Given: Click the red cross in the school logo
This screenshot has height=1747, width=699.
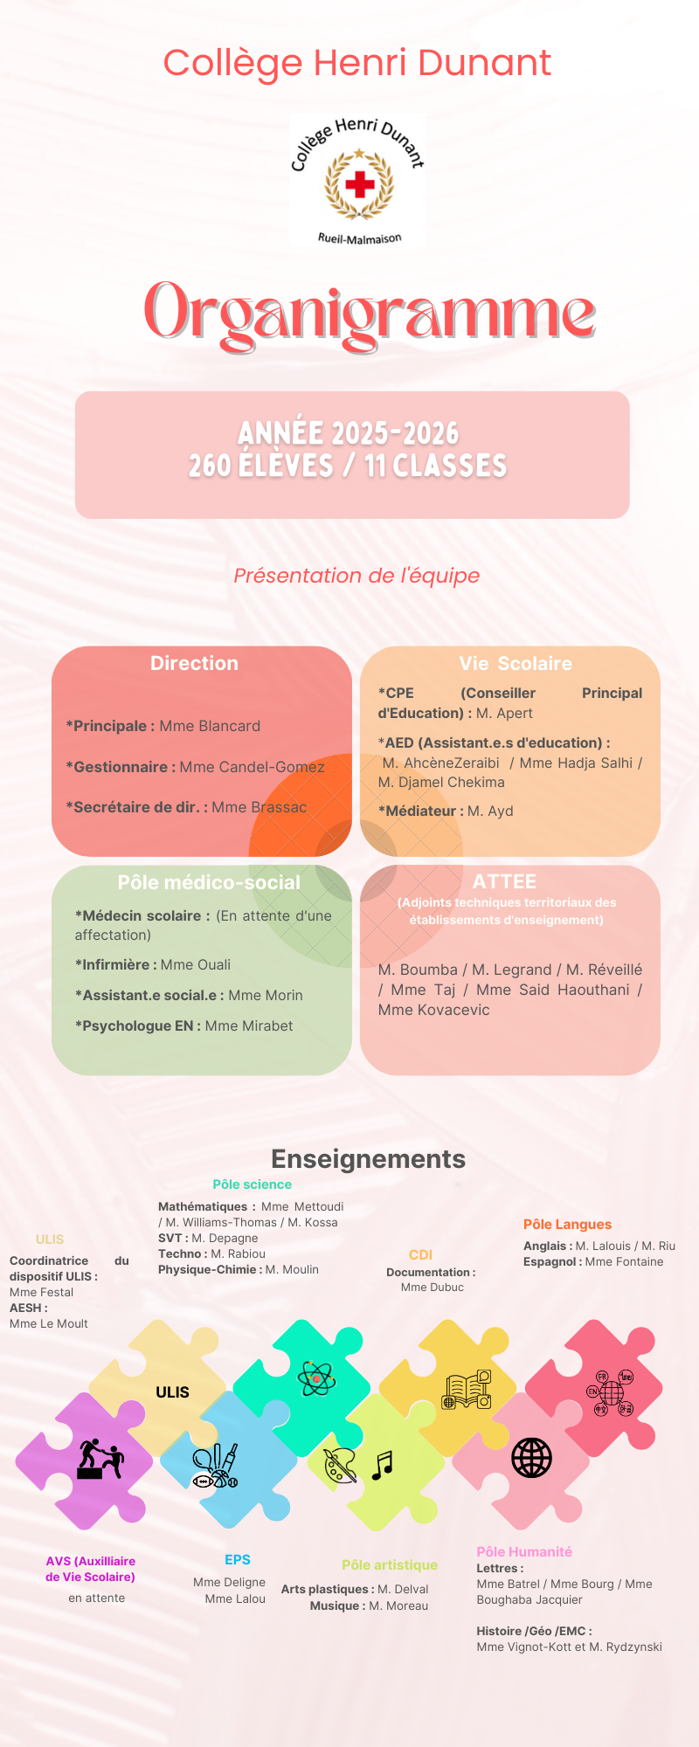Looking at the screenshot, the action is coord(359,184).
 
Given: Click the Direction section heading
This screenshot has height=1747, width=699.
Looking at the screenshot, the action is coord(194,663).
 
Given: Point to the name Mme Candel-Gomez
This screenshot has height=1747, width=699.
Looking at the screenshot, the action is coord(252,767).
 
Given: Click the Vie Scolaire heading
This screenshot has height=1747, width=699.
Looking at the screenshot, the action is coord(516,663).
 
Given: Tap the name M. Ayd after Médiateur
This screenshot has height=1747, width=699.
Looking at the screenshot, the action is coord(490,811).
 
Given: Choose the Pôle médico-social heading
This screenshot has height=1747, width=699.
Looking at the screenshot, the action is coord(209,882).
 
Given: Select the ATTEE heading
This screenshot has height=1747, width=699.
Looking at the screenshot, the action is coord(504,881).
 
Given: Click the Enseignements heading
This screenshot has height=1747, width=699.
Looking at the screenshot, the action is coord(368,1158).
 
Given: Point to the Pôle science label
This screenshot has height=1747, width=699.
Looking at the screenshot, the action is coord(252,1184).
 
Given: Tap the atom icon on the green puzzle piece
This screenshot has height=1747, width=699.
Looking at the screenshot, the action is coord(315,1378).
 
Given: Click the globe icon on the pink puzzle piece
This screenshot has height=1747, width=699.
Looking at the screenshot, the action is coord(531,1457).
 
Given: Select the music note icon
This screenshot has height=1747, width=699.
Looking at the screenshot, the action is coord(382,1465).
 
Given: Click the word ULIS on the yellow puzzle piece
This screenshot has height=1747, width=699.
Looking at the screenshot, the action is coord(172,1392).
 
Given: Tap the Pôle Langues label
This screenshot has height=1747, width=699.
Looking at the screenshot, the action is coord(567,1225).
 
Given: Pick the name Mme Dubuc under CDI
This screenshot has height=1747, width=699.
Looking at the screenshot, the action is coord(433,1287).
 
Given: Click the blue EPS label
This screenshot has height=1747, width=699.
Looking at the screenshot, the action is coord(238,1559).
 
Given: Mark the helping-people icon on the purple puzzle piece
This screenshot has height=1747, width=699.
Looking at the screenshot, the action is coord(100,1459).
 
